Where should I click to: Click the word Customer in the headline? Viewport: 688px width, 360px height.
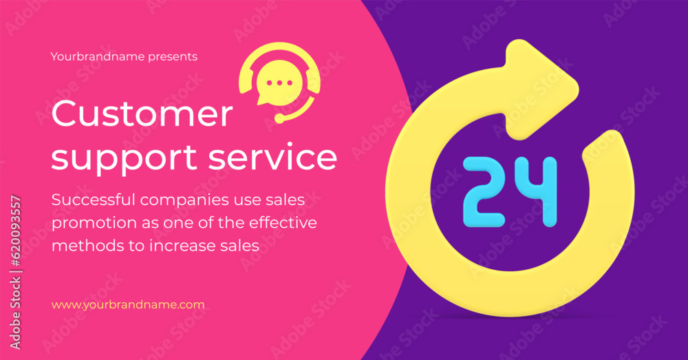(142, 114)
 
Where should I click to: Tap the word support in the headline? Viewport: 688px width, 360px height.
(124, 159)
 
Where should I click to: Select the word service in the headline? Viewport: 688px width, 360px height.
(272, 157)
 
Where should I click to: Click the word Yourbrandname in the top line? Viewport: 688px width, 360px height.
(98, 56)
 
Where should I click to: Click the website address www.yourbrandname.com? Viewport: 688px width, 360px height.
(128, 305)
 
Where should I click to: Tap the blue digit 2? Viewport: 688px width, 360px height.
(484, 192)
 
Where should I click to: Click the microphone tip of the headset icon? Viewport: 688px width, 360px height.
(279, 118)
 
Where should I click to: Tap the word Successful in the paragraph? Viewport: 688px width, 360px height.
(94, 200)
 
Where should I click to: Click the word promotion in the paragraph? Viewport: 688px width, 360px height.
(94, 224)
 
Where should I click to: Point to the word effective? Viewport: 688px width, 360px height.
(283, 222)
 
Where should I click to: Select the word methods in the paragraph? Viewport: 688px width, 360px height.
(88, 245)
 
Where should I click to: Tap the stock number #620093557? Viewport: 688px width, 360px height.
(16, 231)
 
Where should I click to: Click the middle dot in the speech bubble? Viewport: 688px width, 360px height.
(279, 83)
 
